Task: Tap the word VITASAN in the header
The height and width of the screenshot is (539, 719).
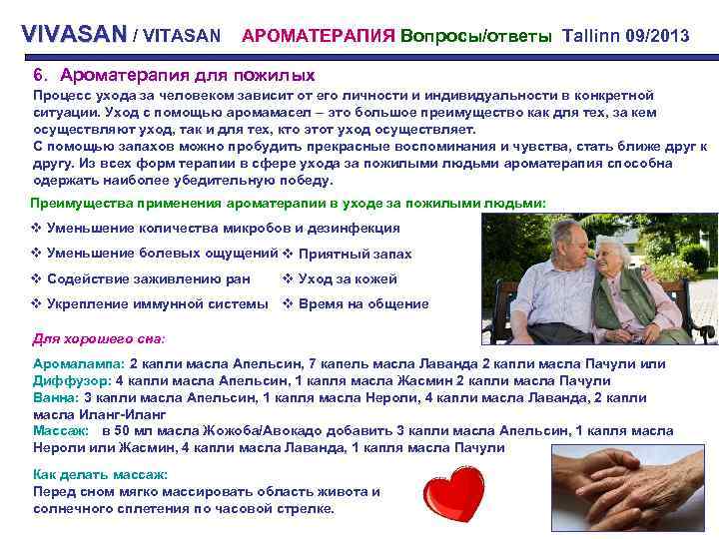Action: coord(183,36)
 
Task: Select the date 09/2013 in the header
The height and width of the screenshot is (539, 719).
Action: coord(657,36)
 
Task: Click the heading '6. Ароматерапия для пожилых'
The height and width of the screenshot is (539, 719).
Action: coord(174,75)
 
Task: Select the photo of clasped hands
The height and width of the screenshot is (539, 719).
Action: coord(630,488)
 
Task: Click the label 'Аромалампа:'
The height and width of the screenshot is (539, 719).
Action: coord(79,364)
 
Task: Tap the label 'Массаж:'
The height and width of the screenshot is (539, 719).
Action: coord(61,430)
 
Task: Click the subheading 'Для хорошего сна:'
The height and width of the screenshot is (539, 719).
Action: coord(99,337)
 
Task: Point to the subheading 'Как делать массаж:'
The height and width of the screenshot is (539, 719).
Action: coord(100,475)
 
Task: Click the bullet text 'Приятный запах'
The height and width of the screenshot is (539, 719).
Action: coord(356,254)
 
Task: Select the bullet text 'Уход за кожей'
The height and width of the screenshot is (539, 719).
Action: coord(348,278)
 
